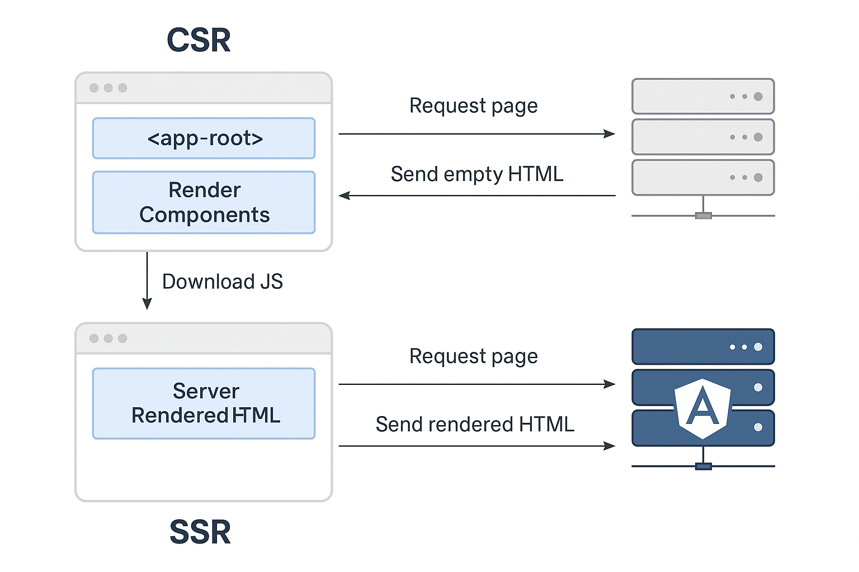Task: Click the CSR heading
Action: coord(199,40)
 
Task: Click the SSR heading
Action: coord(200,532)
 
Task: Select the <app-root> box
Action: coord(204,139)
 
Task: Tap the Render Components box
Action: coord(204,202)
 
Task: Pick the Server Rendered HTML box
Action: coord(204,403)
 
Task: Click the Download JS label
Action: coord(223,282)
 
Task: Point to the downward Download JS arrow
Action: coord(147,280)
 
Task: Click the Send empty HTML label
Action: coord(476,174)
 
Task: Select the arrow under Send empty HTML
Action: coord(477,196)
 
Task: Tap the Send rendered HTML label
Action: coord(475,425)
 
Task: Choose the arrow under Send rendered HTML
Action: coord(477,446)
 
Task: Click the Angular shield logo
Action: coord(702,408)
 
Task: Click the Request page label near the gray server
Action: coord(474,106)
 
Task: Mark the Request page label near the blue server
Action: coord(474,357)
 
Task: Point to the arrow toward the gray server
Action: coord(477,134)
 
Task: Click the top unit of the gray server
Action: coord(704,96)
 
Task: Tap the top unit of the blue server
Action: coord(704,347)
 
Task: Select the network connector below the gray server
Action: coord(704,216)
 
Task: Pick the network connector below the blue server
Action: coord(704,466)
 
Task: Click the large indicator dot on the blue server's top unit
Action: coord(758,347)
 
